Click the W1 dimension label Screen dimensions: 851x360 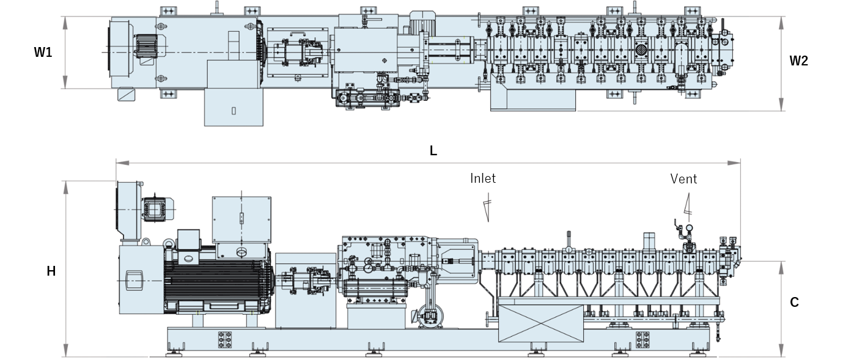coord(43,52)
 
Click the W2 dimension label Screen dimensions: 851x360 coord(798,61)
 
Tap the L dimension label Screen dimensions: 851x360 coord(433,151)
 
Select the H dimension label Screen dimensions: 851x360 coord(51,271)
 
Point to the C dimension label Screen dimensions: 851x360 coord(794,303)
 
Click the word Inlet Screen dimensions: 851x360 coord(483,178)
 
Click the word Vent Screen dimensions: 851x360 coord(683,179)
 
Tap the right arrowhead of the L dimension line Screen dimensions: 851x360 coord(734,163)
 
